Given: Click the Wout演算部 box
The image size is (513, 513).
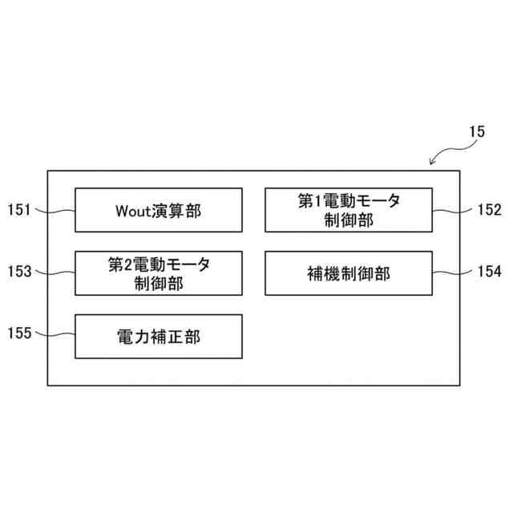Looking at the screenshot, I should click(159, 210).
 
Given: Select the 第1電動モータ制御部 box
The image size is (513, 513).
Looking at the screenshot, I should click(349, 210).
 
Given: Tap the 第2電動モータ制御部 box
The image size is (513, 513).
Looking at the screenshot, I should click(159, 273).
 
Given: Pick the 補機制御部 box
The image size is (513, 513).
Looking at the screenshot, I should click(349, 273).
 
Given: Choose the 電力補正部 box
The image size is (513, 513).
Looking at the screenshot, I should click(159, 336).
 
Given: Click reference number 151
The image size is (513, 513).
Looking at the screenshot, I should click(19, 210).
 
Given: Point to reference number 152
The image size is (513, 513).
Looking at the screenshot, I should click(489, 210).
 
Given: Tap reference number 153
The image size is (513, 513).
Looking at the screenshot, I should click(19, 273).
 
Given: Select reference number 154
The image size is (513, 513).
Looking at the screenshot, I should click(489, 273).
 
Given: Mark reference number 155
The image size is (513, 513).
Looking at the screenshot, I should click(19, 333).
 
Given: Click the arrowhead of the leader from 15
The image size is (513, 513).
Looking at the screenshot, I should click(433, 164).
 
